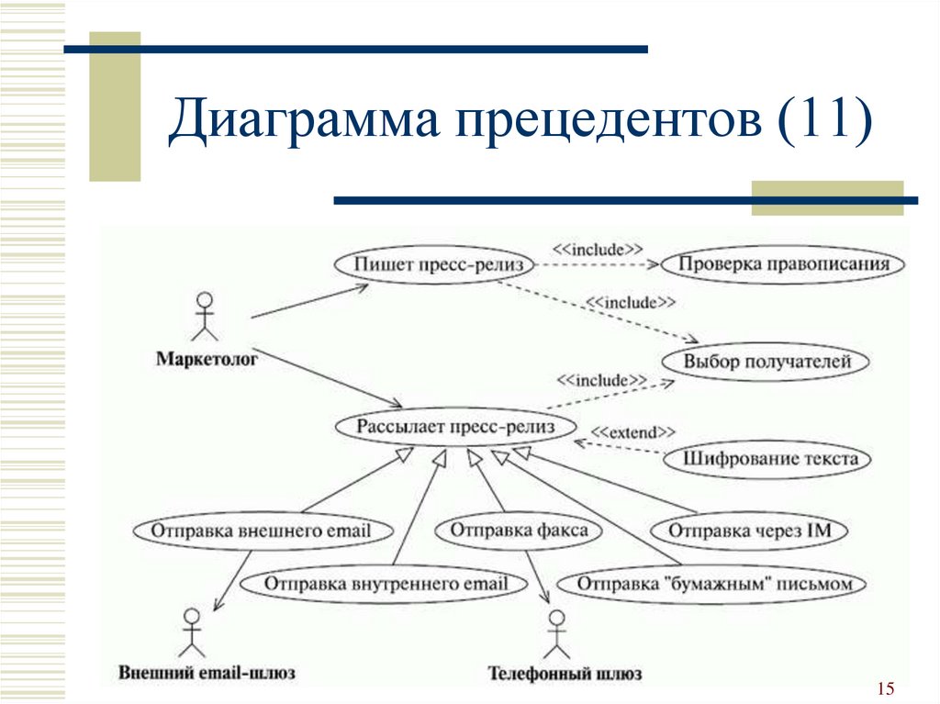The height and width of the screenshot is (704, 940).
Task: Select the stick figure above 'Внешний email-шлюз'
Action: (x=192, y=633)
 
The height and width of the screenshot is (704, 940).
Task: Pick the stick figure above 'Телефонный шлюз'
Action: (x=557, y=635)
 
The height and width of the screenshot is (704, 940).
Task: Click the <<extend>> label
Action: (x=633, y=432)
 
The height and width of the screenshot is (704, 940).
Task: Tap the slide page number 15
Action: (x=886, y=688)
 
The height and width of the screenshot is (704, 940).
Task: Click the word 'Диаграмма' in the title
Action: (x=303, y=117)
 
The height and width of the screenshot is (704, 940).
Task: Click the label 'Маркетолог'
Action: (x=207, y=359)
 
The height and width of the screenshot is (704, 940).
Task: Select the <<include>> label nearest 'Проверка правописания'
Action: (x=597, y=250)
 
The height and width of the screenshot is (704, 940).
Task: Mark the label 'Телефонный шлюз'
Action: (x=565, y=674)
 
